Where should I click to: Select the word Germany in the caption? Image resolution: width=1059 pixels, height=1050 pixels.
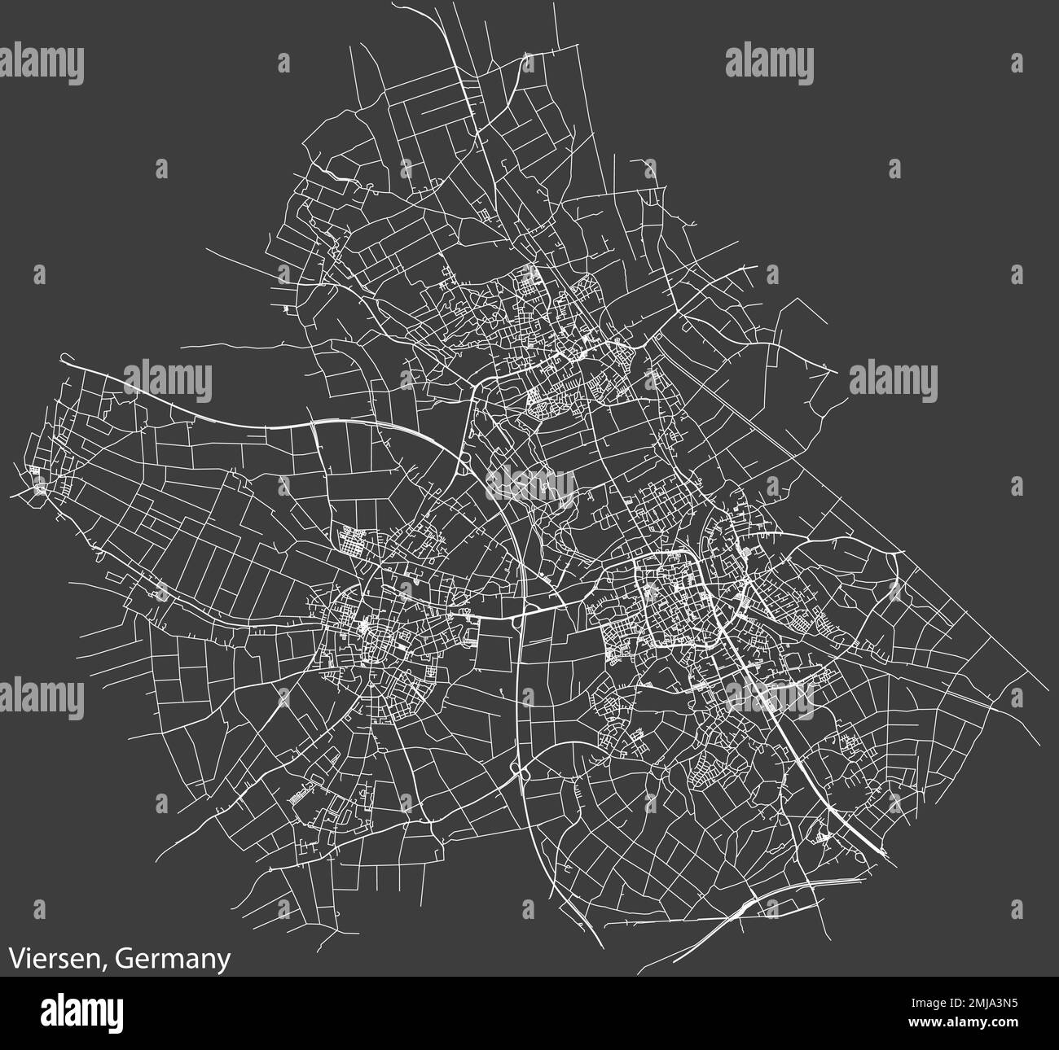pyautogui.click(x=171, y=959)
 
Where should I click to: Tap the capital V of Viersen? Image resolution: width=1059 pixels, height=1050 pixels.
pyautogui.click(x=17, y=959)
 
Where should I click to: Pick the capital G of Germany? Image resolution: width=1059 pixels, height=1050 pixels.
pyautogui.click(x=121, y=959)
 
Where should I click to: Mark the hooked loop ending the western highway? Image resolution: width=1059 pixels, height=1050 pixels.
pyautogui.click(x=66, y=357)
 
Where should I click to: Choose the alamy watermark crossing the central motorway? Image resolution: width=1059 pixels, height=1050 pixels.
pyautogui.click(x=530, y=485)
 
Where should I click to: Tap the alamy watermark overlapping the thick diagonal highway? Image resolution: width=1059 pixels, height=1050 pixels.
pyautogui.click(x=769, y=697)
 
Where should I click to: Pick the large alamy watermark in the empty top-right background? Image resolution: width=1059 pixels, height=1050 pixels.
pyautogui.click(x=769, y=65)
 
